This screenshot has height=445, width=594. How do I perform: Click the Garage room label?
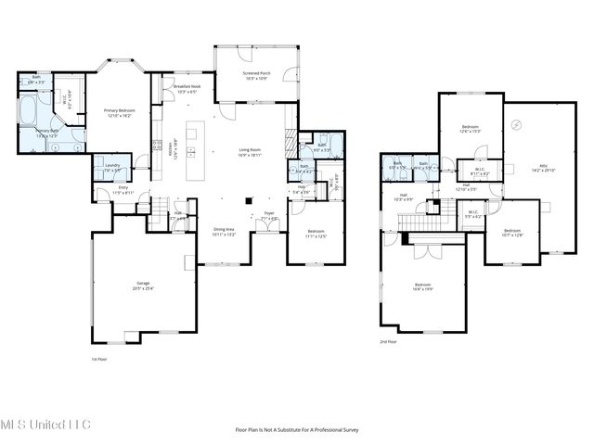[x=144, y=286]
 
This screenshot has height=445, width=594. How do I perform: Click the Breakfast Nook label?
[x=187, y=88]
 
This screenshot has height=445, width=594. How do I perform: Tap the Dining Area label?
[x=225, y=232]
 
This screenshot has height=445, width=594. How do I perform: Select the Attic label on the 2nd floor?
[x=542, y=168]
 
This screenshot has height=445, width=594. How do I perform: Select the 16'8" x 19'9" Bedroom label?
[x=422, y=286]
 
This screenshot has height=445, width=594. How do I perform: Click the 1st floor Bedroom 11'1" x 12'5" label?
[x=316, y=233]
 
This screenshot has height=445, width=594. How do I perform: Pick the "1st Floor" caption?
[x=98, y=359]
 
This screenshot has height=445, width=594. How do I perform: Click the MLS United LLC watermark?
[x=45, y=425]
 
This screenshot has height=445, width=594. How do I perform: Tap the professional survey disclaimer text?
[x=296, y=429]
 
